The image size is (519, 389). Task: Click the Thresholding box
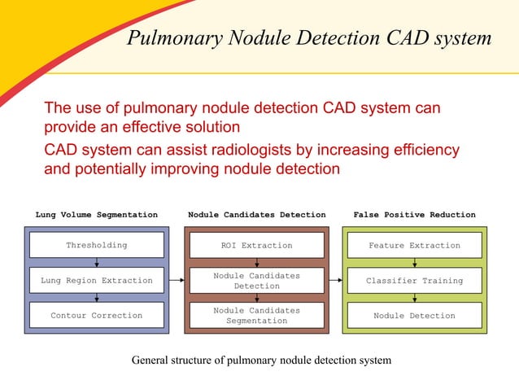coord(97,245)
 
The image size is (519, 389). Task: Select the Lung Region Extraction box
coord(97,281)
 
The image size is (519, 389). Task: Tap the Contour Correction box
coord(97,316)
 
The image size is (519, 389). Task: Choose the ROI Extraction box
coord(256,245)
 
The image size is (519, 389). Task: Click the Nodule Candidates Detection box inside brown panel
coord(256,281)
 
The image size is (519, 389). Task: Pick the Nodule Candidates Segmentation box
coord(256,316)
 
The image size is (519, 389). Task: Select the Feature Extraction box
coord(414,245)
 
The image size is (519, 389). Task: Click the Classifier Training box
coord(414,281)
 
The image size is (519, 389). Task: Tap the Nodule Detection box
coord(414,316)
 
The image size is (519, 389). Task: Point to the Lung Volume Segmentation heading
coord(97,215)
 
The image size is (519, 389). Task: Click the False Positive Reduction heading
coord(414,215)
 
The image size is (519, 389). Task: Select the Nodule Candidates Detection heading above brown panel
coord(256,215)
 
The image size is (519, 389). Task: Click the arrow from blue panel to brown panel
coord(176,281)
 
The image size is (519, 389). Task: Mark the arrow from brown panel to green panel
coord(334,281)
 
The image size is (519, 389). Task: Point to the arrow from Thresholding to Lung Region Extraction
coord(97,262)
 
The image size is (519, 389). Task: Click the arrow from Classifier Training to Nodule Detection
coord(415,298)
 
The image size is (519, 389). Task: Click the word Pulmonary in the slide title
coord(167,38)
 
